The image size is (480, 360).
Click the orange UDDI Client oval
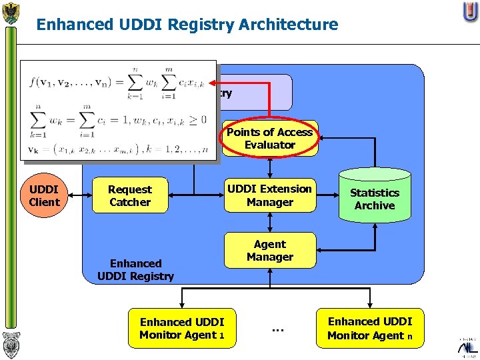44,196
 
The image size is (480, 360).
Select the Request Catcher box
130,196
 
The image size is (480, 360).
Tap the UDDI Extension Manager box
269,195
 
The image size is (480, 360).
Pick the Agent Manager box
269,251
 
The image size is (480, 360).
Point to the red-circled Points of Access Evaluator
269,139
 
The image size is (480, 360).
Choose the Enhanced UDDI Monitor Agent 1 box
181,329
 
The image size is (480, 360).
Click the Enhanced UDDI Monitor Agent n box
369,329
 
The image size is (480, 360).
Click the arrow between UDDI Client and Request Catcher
76,196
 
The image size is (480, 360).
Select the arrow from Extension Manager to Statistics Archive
327,196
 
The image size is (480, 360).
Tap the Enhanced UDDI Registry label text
135,270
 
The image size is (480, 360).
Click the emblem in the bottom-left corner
11,345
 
